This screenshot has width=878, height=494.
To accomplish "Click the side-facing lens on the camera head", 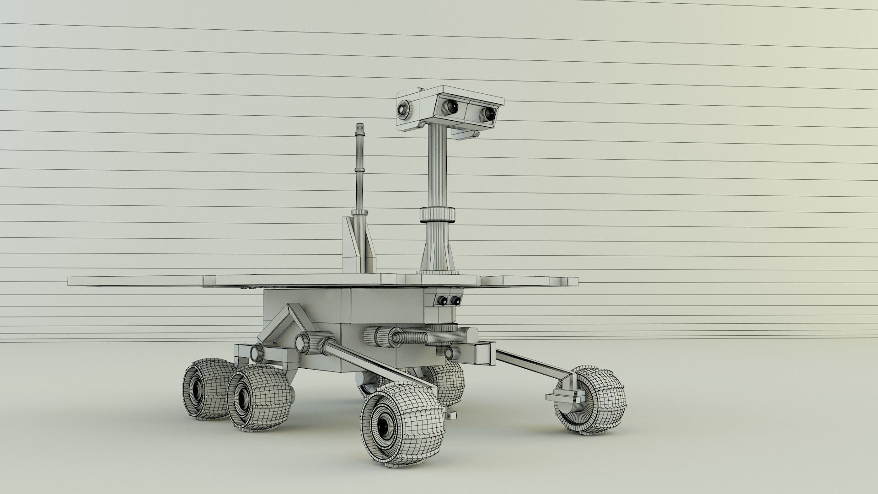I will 404,109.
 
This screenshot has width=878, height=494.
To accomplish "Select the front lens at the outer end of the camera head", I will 487,113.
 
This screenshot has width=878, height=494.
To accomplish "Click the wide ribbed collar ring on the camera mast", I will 438,214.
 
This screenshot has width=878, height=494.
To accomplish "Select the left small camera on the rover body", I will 442,301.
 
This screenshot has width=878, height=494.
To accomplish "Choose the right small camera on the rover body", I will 455,301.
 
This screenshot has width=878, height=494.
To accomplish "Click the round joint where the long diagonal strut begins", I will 325,346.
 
